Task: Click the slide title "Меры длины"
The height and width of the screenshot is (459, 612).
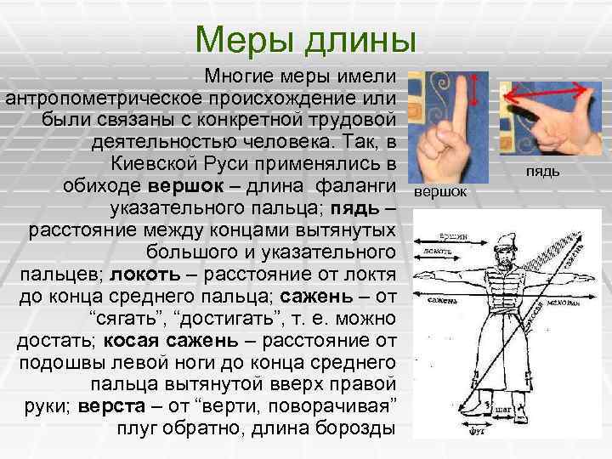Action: tap(305, 39)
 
